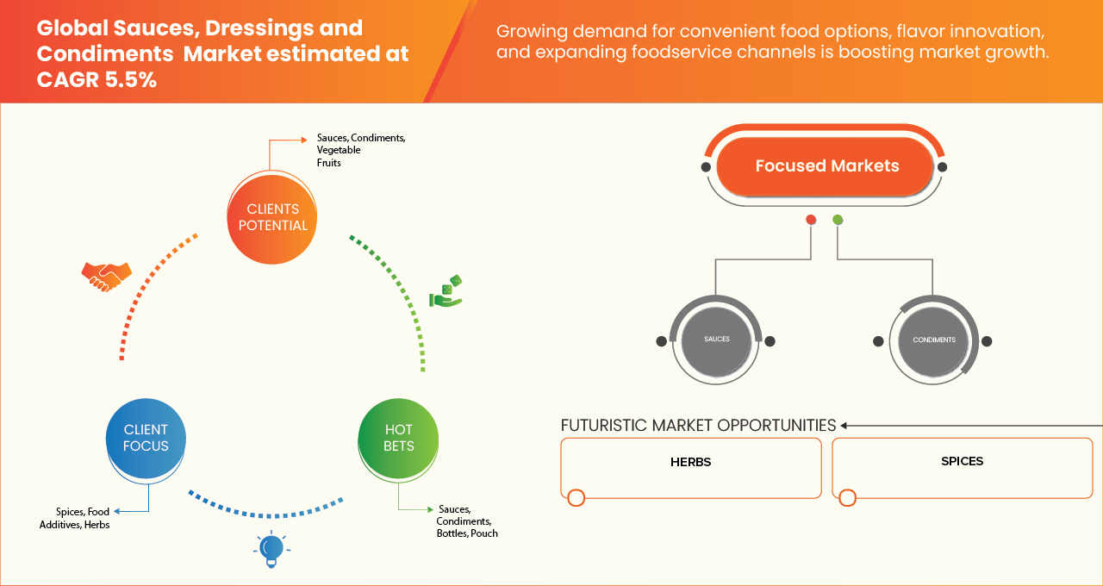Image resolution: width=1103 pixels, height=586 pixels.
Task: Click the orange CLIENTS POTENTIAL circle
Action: (x=272, y=217)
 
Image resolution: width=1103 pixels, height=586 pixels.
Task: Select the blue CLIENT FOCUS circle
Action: (x=146, y=438)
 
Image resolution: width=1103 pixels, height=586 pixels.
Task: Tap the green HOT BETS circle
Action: (x=399, y=438)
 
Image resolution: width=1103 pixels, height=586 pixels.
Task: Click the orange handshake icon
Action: (x=106, y=276)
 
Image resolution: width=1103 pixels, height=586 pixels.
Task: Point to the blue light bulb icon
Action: (x=271, y=549)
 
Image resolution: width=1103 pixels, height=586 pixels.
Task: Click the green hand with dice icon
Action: (x=447, y=292)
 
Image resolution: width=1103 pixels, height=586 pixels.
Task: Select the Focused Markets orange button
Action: (x=826, y=166)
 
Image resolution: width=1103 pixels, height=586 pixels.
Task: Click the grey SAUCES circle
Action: (x=716, y=340)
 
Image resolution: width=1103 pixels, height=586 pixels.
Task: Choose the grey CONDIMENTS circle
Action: (x=933, y=340)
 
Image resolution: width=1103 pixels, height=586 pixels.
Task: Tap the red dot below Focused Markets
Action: (x=811, y=220)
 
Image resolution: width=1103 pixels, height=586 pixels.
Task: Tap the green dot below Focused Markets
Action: (x=838, y=220)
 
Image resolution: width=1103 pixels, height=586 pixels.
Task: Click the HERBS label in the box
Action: (x=690, y=462)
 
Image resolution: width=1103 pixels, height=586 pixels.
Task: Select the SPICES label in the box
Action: (x=962, y=461)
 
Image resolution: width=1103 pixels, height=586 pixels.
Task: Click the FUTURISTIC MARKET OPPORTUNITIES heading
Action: (x=698, y=426)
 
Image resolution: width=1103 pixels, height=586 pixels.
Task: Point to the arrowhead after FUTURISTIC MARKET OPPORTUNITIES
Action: (x=844, y=426)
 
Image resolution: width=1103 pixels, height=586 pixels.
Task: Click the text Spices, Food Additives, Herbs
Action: (x=75, y=519)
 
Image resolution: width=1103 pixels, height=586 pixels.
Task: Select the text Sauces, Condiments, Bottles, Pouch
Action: (x=466, y=521)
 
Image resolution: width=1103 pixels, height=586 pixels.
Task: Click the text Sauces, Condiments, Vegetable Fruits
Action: (x=360, y=150)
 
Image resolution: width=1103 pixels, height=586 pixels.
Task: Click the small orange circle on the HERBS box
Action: (x=576, y=497)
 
